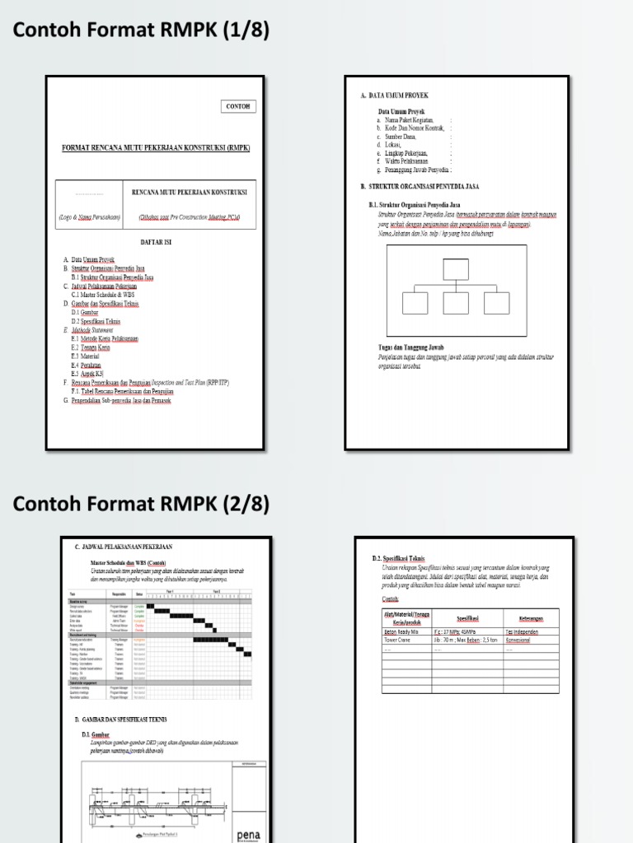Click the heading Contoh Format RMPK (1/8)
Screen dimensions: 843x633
click(x=141, y=31)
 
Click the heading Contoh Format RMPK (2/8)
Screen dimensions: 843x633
click(x=141, y=503)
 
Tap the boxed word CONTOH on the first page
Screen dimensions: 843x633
click(x=239, y=106)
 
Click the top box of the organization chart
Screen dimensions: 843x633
click(x=455, y=269)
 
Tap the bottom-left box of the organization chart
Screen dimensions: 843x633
click(x=415, y=303)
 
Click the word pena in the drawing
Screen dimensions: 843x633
click(x=248, y=833)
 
